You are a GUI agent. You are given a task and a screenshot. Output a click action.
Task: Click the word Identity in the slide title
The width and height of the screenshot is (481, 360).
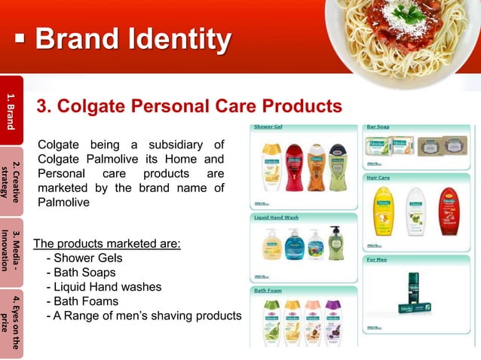[x=179, y=40]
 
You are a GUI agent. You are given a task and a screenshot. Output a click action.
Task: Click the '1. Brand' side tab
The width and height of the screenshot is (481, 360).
[x=11, y=111]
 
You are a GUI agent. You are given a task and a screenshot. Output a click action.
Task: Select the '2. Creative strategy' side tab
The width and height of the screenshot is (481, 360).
[x=11, y=181]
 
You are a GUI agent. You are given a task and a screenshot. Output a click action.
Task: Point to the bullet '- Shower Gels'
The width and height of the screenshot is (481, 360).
[x=84, y=258]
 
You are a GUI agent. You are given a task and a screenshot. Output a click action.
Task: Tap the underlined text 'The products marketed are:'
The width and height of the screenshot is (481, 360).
[x=107, y=244]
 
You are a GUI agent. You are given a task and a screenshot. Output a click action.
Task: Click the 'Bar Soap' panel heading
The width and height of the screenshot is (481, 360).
[x=378, y=127]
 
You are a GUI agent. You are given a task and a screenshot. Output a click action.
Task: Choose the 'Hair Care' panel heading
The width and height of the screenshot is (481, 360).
[x=378, y=178]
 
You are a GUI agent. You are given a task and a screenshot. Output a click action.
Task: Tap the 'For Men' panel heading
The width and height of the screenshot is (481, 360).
[x=376, y=259]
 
